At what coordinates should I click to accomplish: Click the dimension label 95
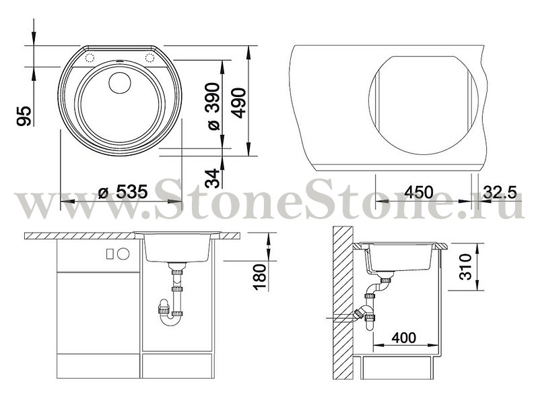(24, 116)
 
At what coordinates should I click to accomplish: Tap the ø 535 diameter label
(123, 191)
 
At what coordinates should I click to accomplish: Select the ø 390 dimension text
(213, 106)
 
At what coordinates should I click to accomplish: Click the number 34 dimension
(212, 178)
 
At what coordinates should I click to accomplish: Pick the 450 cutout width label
(418, 192)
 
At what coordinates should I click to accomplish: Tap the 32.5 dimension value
(500, 192)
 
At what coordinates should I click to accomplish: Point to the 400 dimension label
(404, 338)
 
